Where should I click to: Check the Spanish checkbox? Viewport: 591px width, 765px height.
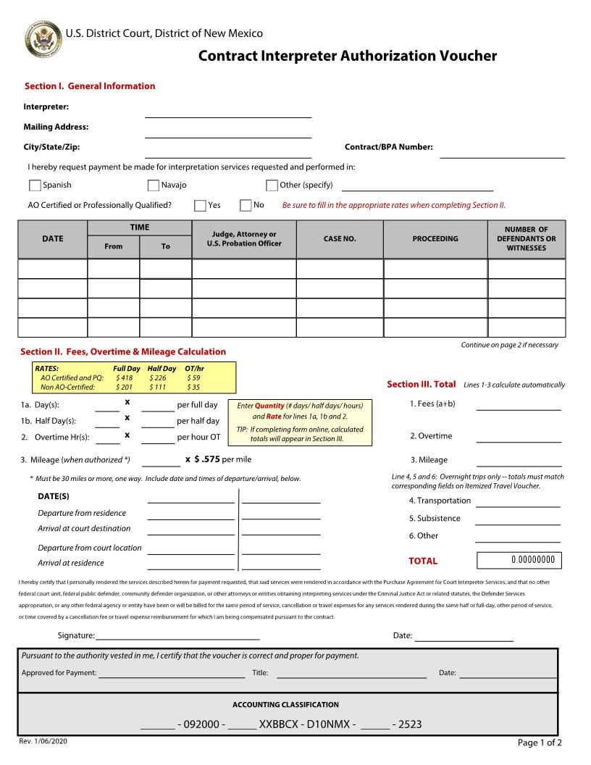pyautogui.click(x=35, y=185)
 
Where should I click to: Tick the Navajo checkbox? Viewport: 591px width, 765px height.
pyautogui.click(x=154, y=185)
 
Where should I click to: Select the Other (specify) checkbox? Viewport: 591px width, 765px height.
pyautogui.click(x=272, y=185)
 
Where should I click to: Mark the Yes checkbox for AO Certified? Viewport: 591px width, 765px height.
pyautogui.click(x=200, y=206)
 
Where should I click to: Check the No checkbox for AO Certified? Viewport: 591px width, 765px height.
pyautogui.click(x=246, y=206)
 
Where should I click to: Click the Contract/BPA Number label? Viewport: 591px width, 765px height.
pyautogui.click(x=388, y=147)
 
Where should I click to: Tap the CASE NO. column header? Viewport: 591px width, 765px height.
pyautogui.click(x=340, y=239)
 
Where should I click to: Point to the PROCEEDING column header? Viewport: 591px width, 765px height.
pyautogui.click(x=435, y=239)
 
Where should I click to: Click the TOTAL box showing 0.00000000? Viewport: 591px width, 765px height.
pyautogui.click(x=519, y=560)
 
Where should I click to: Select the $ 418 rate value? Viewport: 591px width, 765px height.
pyautogui.click(x=124, y=378)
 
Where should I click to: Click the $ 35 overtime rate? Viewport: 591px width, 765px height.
pyautogui.click(x=193, y=388)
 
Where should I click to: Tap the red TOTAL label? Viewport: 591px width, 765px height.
pyautogui.click(x=423, y=561)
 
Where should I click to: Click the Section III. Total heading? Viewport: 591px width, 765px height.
pyautogui.click(x=422, y=384)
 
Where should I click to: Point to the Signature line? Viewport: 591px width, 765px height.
pyautogui.click(x=177, y=635)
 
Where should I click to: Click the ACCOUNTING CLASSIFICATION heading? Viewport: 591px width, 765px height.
pyautogui.click(x=285, y=705)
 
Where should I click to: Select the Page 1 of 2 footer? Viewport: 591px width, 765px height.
pyautogui.click(x=540, y=743)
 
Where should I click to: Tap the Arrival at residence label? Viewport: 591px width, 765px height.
pyautogui.click(x=71, y=563)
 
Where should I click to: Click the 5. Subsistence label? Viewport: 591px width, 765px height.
pyautogui.click(x=435, y=519)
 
